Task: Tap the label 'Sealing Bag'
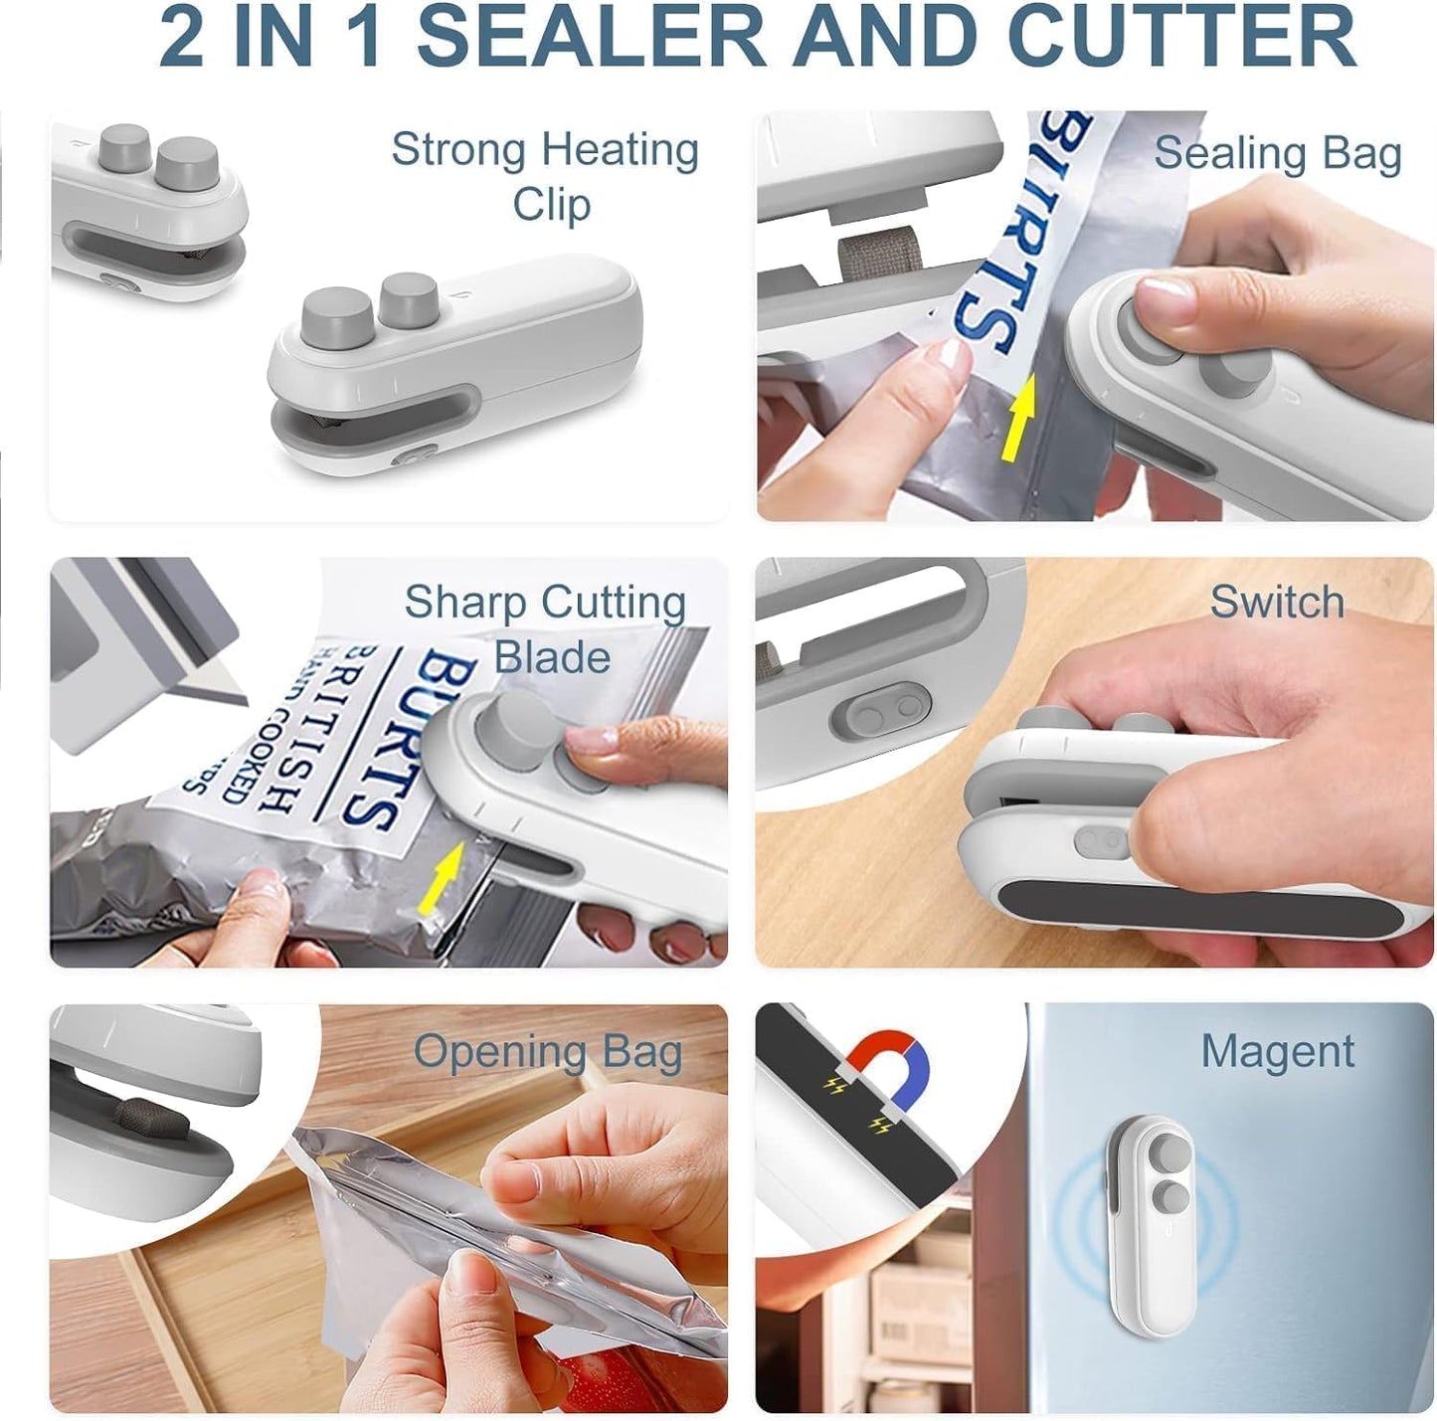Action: click(1277, 155)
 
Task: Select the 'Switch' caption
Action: click(1277, 602)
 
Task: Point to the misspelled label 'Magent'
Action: click(1277, 1051)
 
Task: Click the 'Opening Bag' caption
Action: click(548, 1053)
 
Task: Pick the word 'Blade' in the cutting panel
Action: click(552, 657)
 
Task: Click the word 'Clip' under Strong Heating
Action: click(551, 205)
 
